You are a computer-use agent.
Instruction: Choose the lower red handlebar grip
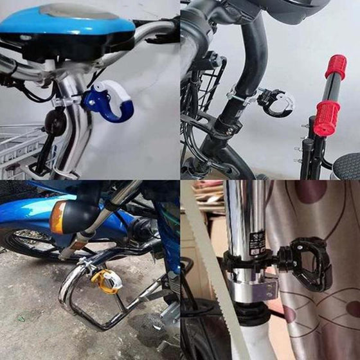[x=327, y=118]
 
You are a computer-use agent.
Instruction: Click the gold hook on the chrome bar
[x=107, y=280]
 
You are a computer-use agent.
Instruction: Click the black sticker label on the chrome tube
[x=258, y=241]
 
